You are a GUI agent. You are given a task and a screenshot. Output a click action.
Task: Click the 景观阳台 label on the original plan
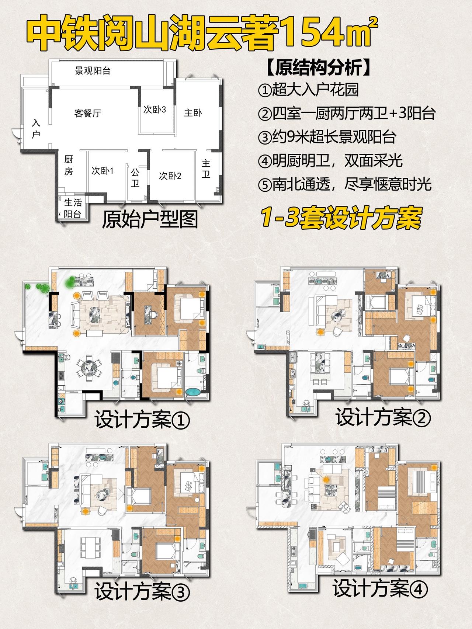tap(93, 70)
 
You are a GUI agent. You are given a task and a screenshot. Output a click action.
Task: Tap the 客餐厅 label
tap(87, 113)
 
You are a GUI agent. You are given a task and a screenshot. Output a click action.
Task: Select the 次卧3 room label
tap(155, 110)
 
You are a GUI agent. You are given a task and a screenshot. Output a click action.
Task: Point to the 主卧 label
tap(193, 113)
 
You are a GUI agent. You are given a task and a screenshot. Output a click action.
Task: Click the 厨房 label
tap(69, 165)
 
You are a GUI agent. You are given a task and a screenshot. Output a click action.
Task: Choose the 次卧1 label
tap(103, 171)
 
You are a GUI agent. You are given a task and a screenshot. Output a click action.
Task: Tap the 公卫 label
tap(135, 177)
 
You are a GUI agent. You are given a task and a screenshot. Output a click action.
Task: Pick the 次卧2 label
tap(170, 176)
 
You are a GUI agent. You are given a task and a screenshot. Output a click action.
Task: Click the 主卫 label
tap(206, 168)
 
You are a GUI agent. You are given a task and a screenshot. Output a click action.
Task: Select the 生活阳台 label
tap(73, 208)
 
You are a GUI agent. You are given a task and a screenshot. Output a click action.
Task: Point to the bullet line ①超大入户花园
tap(308, 90)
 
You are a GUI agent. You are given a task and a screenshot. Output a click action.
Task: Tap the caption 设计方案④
tap(380, 588)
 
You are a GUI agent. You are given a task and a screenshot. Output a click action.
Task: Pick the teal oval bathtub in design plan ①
tap(194, 392)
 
